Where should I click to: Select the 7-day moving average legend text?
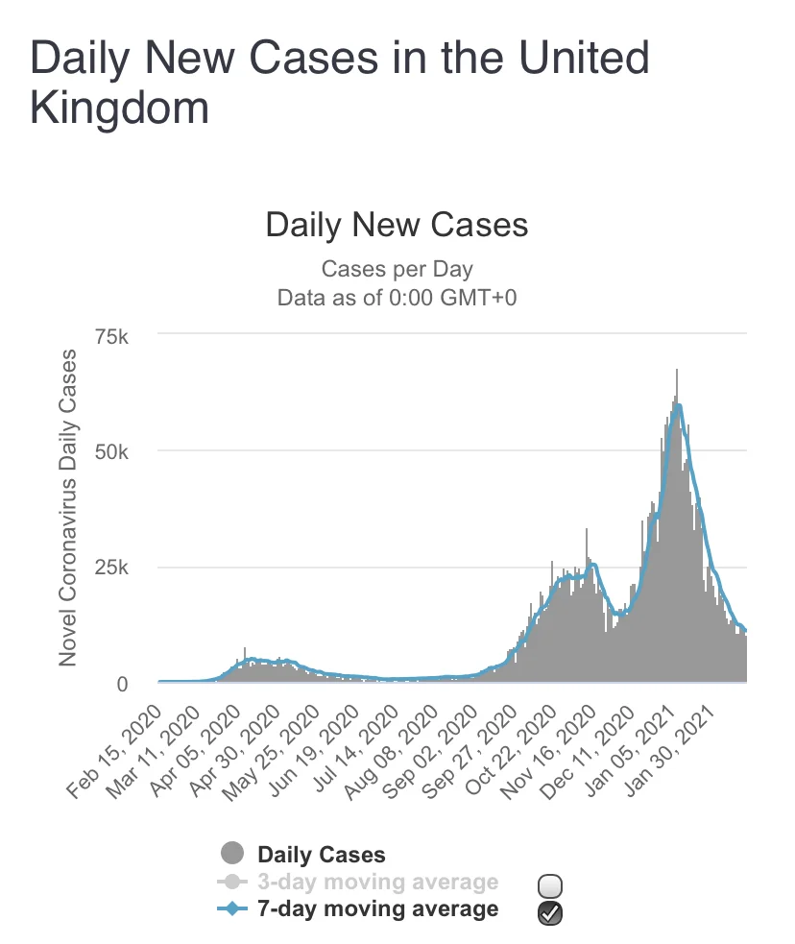click(x=378, y=908)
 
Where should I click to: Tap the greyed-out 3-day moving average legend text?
click(x=378, y=882)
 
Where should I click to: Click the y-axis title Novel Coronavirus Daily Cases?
click(x=68, y=507)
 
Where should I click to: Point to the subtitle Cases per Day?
click(x=397, y=269)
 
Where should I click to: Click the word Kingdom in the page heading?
click(x=120, y=108)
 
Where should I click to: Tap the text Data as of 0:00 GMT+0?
click(x=397, y=298)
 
